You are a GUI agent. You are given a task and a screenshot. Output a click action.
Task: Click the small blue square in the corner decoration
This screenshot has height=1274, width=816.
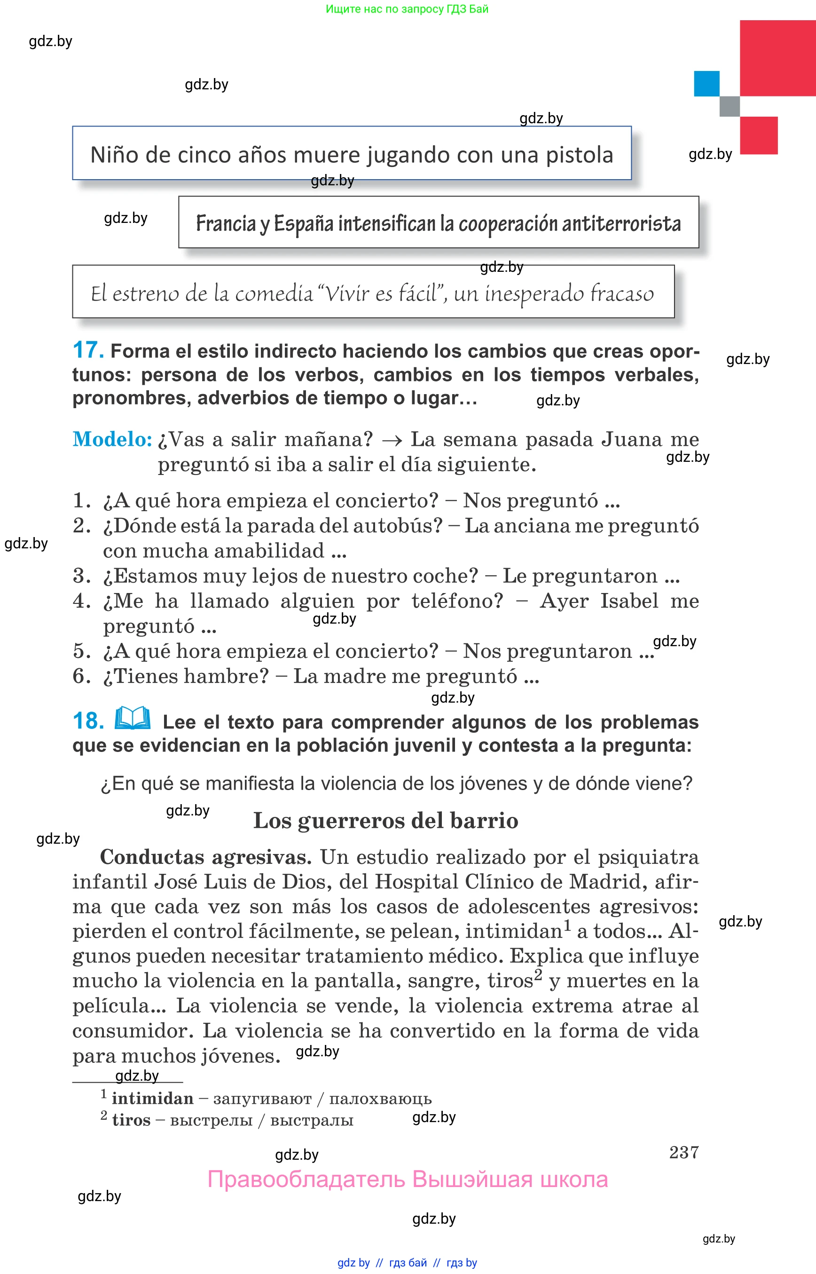[706, 83]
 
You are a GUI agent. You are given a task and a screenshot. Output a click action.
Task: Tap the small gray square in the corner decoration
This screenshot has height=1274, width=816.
[729, 106]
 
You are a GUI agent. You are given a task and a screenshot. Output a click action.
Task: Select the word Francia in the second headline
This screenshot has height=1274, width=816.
[226, 224]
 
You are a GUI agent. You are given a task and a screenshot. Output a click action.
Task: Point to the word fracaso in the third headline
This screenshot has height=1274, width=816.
[621, 293]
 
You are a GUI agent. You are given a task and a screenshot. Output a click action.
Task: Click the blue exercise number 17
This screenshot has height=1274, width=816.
[88, 350]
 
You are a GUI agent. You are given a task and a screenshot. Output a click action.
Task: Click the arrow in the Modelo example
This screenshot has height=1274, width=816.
[392, 440]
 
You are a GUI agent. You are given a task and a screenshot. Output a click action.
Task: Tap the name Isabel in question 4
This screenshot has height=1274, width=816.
[629, 601]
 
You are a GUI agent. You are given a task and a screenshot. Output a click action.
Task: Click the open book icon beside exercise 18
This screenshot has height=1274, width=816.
[133, 719]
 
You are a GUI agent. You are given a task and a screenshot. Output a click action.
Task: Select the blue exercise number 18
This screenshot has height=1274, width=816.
[88, 721]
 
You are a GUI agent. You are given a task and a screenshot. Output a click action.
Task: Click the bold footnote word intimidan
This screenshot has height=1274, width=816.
[152, 1098]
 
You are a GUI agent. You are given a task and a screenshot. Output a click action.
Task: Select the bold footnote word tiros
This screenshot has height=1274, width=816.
[131, 1120]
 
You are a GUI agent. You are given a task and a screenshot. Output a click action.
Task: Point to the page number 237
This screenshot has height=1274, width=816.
[683, 1152]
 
